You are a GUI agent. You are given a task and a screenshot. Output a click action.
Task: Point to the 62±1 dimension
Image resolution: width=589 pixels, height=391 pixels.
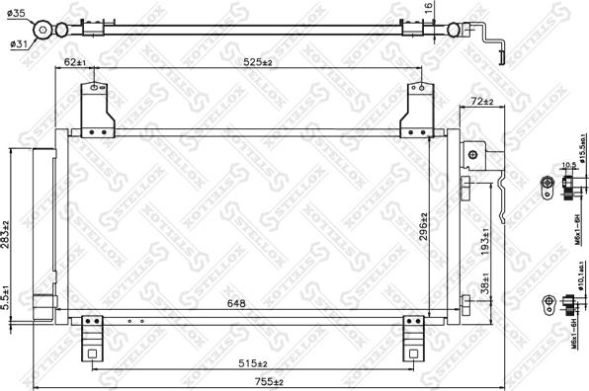point(74,63)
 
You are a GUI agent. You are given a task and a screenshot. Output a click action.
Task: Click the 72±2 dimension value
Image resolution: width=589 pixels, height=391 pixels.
point(481,102)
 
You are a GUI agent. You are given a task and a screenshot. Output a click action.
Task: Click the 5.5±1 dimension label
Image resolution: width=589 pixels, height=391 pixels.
point(8,298)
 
